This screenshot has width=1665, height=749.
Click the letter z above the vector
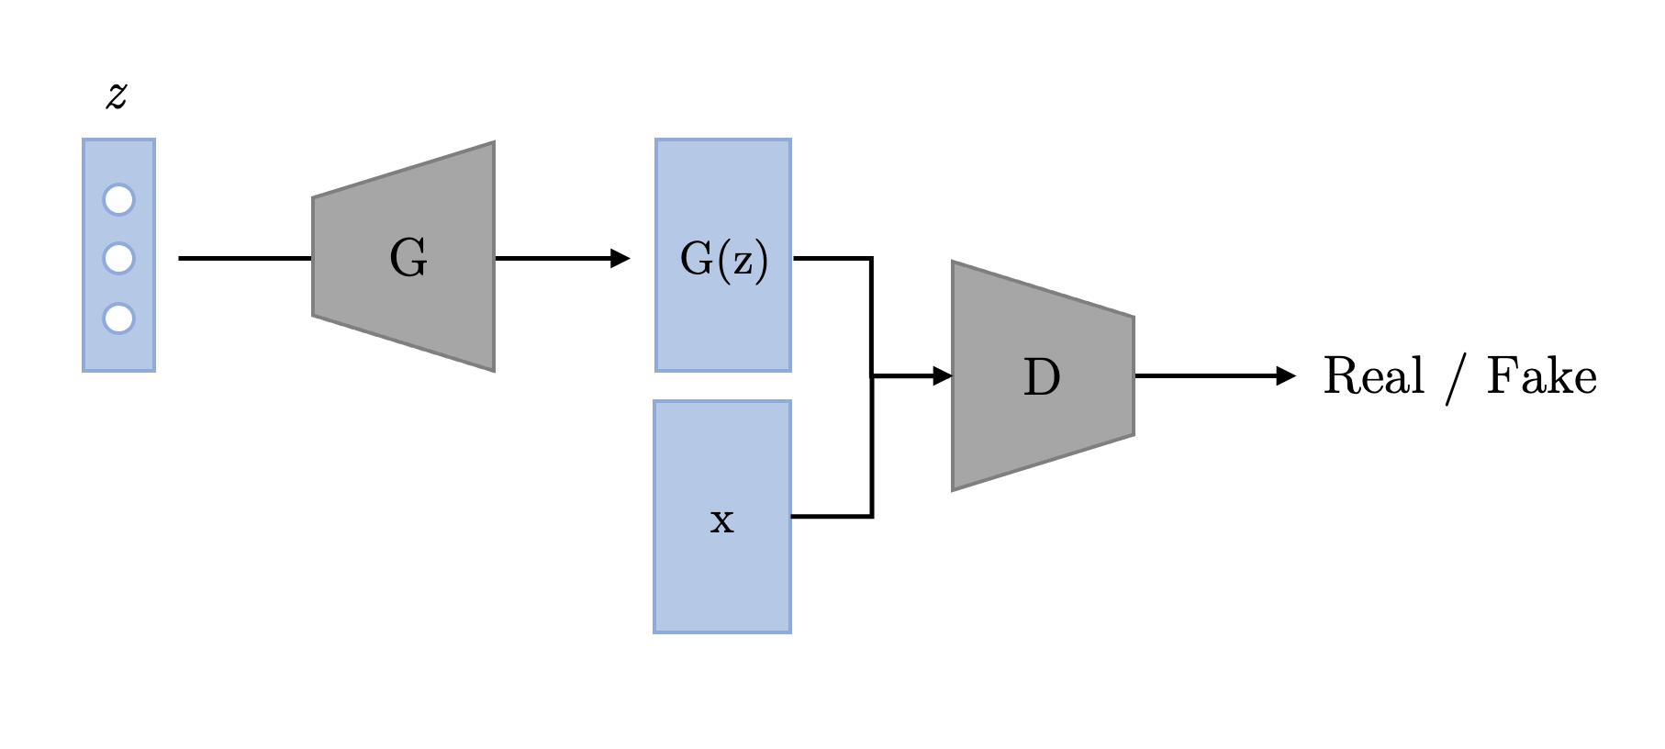(117, 95)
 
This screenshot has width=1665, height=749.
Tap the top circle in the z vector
(118, 199)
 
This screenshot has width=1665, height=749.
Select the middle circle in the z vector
(118, 258)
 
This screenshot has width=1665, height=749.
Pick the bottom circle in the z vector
(118, 319)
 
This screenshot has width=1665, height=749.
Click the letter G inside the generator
(408, 258)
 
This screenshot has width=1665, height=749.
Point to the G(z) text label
(723, 260)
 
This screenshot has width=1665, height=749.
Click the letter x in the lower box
(722, 520)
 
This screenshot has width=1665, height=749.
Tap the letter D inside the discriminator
(1042, 377)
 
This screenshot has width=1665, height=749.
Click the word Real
(1373, 376)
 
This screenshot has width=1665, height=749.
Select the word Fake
(1541, 376)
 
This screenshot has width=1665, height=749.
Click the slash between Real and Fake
(1456, 380)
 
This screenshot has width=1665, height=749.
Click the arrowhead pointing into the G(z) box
(620, 259)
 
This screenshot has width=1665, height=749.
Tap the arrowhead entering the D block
(942, 375)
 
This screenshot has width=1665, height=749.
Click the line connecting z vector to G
(244, 259)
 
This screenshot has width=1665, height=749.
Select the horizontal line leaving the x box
(831, 517)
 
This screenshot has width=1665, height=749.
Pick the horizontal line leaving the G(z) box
(831, 259)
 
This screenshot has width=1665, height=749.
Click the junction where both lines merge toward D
(872, 375)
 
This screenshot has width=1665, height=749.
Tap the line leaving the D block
(1202, 375)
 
